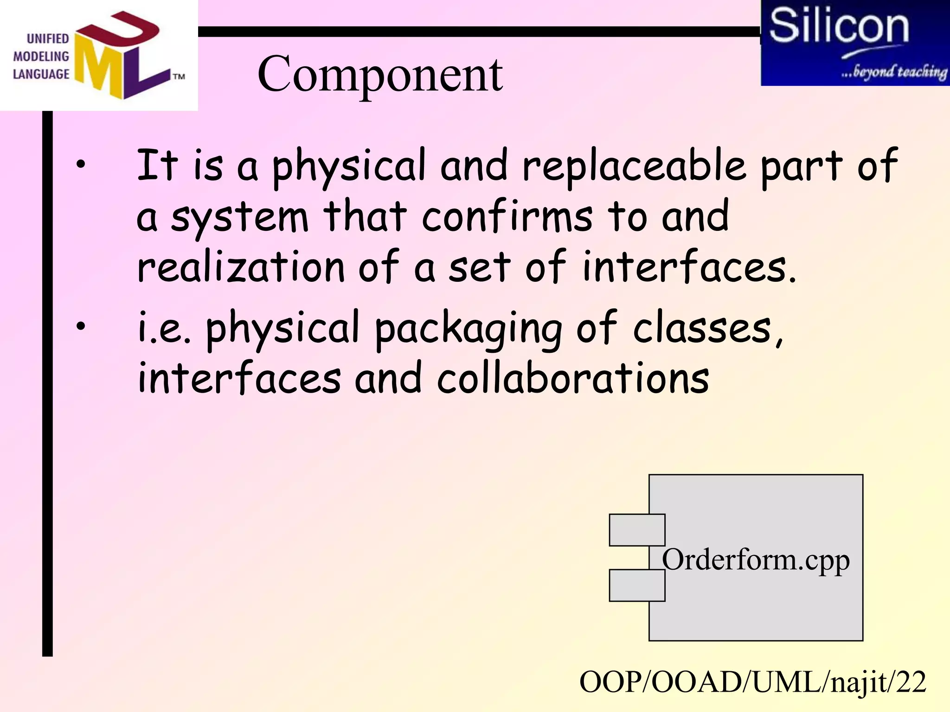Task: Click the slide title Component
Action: click(x=379, y=74)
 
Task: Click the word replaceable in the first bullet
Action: click(x=634, y=166)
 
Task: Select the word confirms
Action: click(x=507, y=217)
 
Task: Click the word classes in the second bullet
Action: click(x=702, y=329)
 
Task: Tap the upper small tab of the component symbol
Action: click(x=636, y=530)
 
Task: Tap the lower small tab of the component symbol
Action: click(x=636, y=585)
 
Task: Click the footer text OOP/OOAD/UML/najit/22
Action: click(x=752, y=682)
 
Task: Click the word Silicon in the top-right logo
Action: click(x=839, y=26)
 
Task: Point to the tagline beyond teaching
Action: click(x=894, y=72)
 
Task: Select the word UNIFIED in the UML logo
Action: click(x=48, y=38)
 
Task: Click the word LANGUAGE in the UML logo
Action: click(x=41, y=74)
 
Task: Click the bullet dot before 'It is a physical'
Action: click(x=81, y=164)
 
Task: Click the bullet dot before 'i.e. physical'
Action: click(x=81, y=326)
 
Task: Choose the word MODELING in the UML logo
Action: click(x=41, y=57)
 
